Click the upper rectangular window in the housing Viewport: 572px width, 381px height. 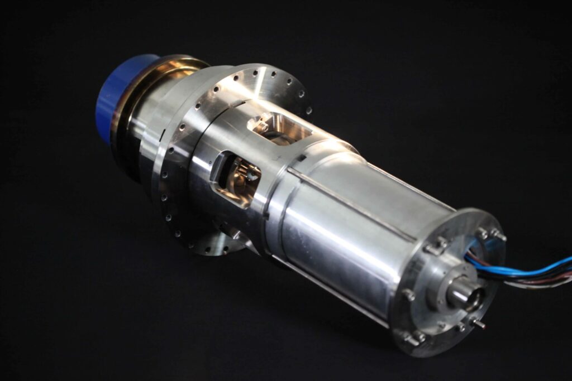coord(278,129)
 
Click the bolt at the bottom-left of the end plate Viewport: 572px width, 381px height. coord(412,337)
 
